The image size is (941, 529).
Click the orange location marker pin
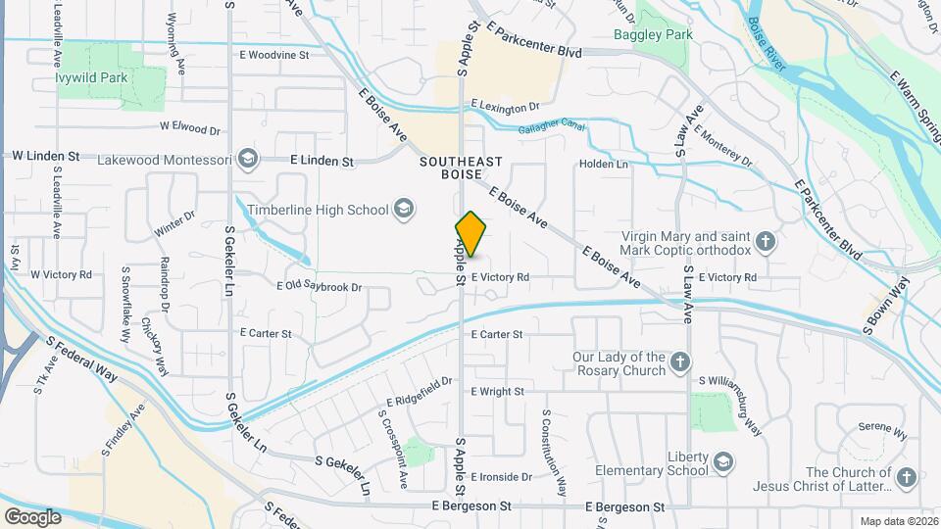click(470, 234)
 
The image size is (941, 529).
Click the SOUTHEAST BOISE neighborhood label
click(461, 168)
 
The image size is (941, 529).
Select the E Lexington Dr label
click(505, 105)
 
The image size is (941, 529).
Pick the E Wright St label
click(497, 392)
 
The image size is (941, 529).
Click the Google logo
click(32, 516)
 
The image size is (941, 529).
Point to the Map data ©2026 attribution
click(898, 521)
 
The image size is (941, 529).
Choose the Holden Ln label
click(604, 165)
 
